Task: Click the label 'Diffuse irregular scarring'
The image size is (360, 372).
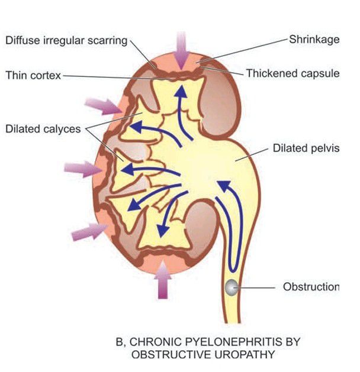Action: click(66, 41)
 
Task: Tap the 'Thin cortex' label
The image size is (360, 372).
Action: click(33, 76)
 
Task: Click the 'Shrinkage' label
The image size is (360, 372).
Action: click(314, 40)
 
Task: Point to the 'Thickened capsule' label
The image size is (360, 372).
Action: click(292, 74)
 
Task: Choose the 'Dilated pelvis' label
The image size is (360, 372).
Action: click(306, 148)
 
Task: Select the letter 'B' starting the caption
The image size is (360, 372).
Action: click(117, 341)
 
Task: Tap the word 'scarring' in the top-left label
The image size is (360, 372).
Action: click(110, 41)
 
